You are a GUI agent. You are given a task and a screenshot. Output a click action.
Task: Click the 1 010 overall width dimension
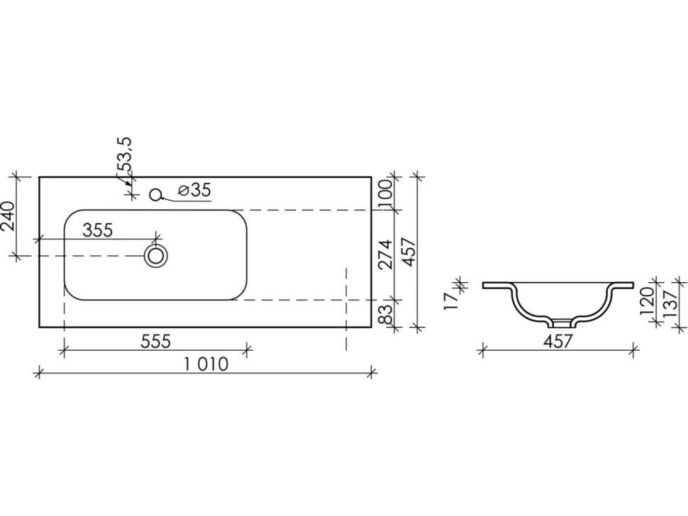point(206,364)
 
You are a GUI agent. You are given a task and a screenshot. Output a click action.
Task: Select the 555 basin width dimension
point(155,341)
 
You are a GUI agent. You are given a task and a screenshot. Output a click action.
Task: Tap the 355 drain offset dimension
point(98,230)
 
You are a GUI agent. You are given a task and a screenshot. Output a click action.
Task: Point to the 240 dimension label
point(9,215)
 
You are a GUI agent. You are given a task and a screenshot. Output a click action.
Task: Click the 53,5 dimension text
point(124,154)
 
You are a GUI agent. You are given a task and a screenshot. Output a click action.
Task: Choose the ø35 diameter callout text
point(195,190)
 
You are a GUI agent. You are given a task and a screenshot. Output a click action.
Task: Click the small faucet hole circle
point(155,194)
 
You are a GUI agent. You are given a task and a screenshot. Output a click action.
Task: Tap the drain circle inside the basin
point(156,256)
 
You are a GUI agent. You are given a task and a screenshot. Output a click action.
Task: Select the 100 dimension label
point(385,193)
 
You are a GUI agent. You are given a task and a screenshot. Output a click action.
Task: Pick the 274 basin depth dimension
point(385,254)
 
